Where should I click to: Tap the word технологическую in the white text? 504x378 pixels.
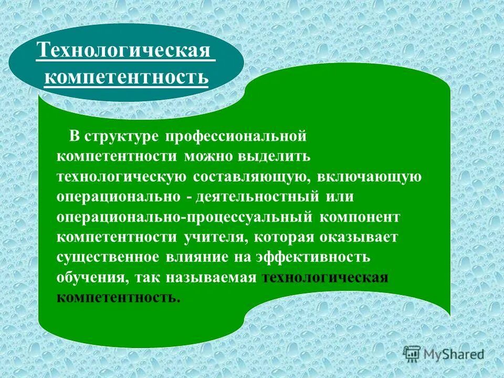tap(122, 177)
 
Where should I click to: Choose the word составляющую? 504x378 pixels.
tap(249, 177)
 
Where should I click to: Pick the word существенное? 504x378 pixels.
tap(108, 257)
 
